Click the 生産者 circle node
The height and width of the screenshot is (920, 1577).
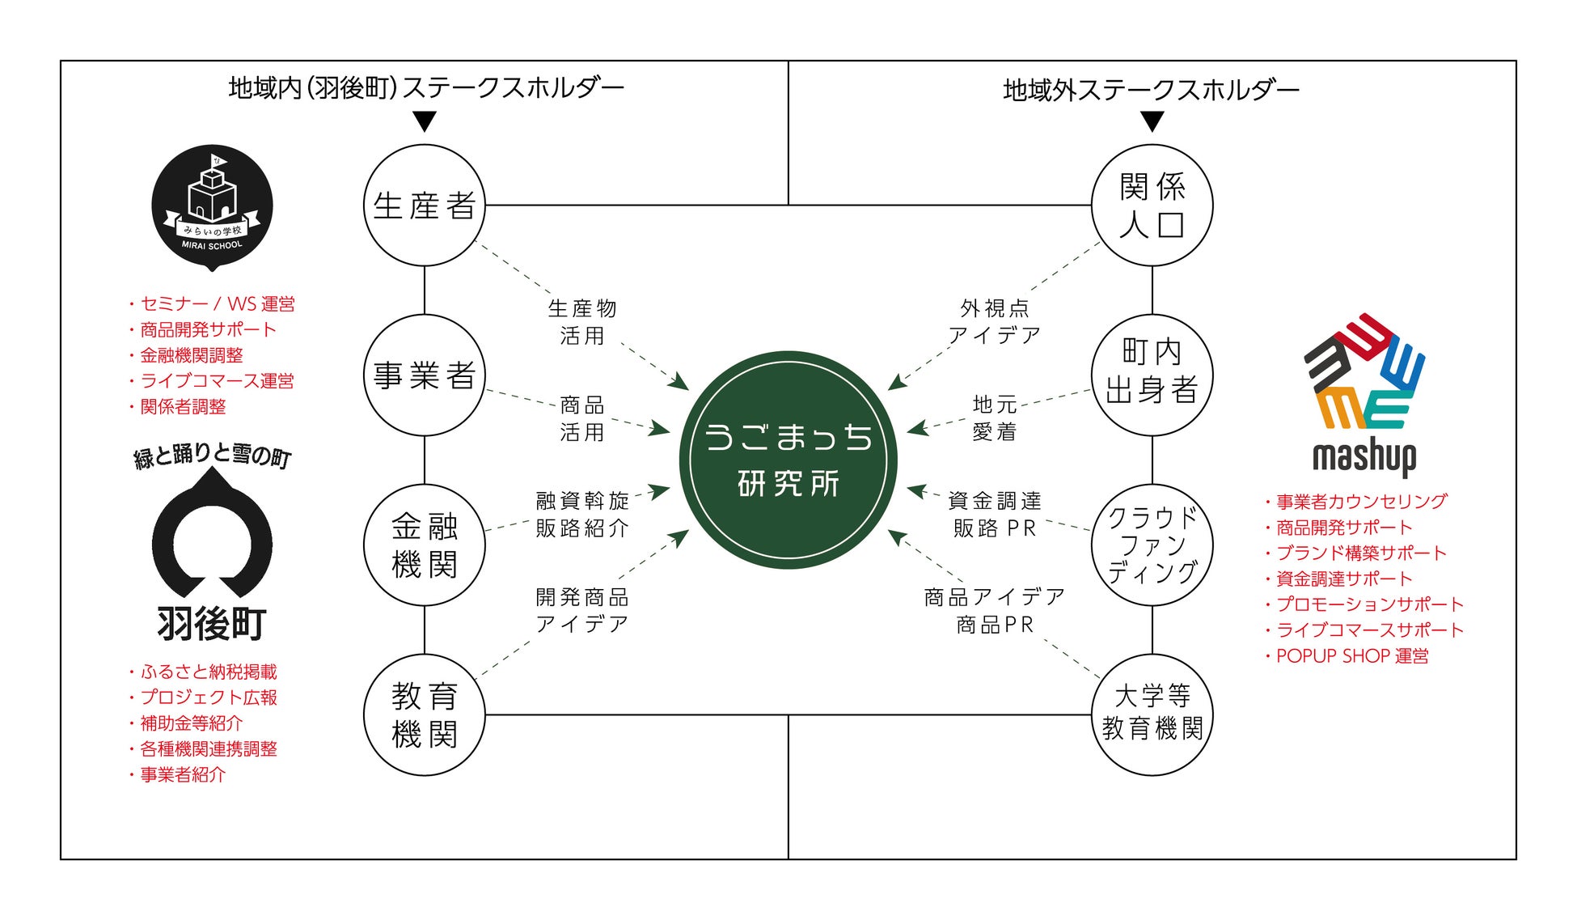coord(424,206)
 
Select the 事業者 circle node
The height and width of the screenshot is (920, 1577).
coord(424,375)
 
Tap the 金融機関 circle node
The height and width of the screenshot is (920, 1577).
coord(424,545)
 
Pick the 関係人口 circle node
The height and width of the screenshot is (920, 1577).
coord(1152,206)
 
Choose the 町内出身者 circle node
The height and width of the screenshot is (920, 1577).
coord(1152,375)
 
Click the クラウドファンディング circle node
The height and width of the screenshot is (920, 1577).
coord(1152,545)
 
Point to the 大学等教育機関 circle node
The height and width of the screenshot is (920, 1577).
coord(1152,714)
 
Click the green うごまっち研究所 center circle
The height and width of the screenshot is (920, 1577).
coord(788,460)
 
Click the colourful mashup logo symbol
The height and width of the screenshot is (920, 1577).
coord(1364,372)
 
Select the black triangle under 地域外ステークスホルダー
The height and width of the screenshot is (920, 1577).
coord(1152,122)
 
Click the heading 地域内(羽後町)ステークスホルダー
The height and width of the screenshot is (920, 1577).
coord(426,87)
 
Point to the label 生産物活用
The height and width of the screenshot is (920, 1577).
coord(582,321)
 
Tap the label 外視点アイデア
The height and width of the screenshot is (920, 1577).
coord(994,321)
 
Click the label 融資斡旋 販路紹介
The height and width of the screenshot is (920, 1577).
coord(582,515)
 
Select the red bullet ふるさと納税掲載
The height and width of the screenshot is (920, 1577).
coord(209,672)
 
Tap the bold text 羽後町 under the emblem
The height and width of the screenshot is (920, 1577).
coord(212,624)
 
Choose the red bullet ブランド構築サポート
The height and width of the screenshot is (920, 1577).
coord(1361,553)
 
